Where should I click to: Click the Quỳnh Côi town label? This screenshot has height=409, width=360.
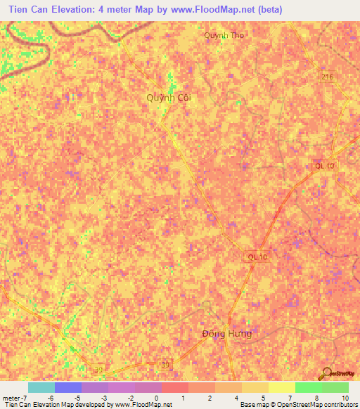point(169,98)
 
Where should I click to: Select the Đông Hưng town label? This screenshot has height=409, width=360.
point(226,333)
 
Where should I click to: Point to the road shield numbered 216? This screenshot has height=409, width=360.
point(328,77)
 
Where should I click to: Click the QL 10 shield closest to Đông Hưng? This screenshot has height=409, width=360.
point(258,257)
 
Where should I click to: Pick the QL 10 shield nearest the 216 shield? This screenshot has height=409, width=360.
point(325,165)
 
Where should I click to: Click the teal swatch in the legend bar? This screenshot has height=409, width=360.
point(41,387)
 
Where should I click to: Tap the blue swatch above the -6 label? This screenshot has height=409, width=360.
point(67,387)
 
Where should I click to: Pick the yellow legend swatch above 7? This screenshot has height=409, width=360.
point(281,387)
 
